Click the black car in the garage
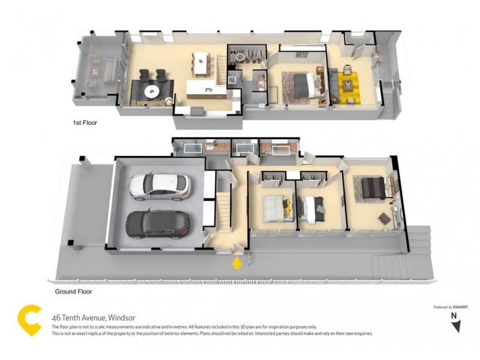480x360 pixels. [157, 224]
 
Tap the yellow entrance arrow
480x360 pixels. [238, 263]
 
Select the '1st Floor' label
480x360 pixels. [84, 122]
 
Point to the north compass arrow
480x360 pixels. [456, 324]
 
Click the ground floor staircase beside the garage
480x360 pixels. [223, 207]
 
